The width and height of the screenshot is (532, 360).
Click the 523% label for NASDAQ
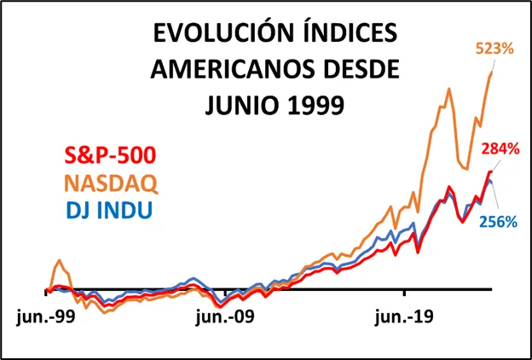494,49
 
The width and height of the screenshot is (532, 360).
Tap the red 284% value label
500,148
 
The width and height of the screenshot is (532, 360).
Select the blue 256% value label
497,222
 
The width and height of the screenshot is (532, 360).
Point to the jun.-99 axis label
44,317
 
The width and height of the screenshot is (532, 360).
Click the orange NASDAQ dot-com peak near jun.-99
60,260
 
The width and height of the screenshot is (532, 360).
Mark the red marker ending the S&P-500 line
489,172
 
